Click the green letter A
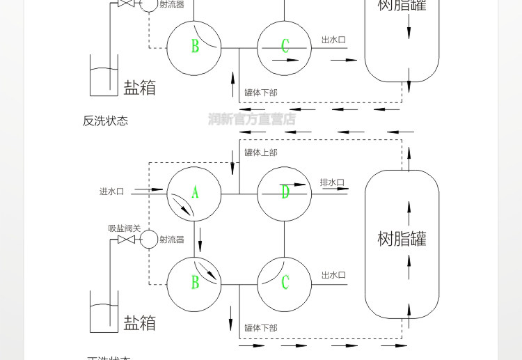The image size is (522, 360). click(195, 192)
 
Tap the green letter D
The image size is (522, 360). click(285, 192)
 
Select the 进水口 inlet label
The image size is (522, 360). click(111, 191)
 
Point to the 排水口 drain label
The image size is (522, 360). click(332, 183)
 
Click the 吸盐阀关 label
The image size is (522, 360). click(124, 228)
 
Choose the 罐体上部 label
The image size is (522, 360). click(261, 152)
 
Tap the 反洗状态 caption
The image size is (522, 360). click(105, 120)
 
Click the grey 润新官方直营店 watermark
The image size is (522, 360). click(252, 119)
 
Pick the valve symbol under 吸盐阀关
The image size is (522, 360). click(126, 240)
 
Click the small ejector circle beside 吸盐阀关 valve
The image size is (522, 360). click(148, 240)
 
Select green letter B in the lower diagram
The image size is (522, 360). click(196, 282)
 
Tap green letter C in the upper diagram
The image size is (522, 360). click(285, 47)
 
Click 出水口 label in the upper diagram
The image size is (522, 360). click(333, 40)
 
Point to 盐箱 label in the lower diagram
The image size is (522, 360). click(139, 323)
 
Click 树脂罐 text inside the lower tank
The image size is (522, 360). click(402, 239)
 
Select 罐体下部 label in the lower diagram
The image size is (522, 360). click(261, 328)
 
